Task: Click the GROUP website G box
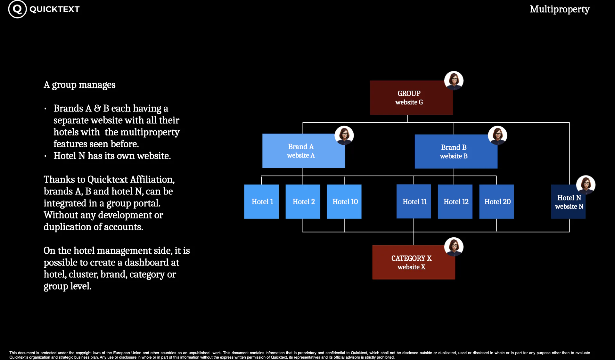coord(411,98)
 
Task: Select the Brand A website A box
coord(304,151)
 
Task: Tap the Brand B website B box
coord(456,151)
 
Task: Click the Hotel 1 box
coord(261,202)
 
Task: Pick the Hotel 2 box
coord(303,202)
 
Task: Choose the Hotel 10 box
coord(344,202)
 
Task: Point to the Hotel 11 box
coord(414,202)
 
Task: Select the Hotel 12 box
coord(455,202)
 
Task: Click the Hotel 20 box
coord(496,202)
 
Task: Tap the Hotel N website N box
coord(568,202)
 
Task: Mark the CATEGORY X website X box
coord(414,263)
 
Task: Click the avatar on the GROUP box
coord(454,81)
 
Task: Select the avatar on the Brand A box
coord(344,135)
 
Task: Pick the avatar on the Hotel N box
coord(586,185)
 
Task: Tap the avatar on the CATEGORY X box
coord(454,247)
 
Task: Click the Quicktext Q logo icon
coord(17,9)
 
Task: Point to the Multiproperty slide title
coord(560,9)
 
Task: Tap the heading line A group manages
coord(79,85)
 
